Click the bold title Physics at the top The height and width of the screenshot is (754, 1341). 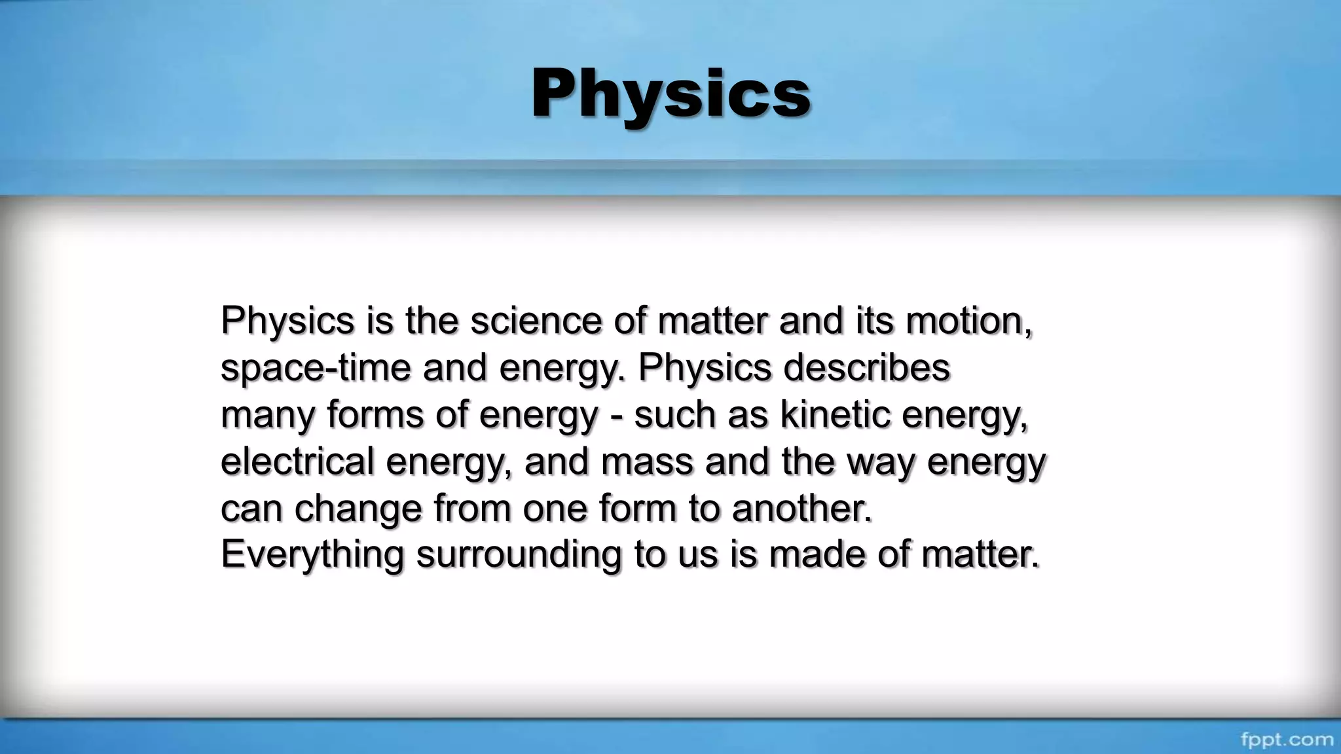pos(670,95)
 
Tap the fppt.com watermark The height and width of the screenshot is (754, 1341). pos(1287,740)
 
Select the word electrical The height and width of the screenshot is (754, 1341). pos(297,461)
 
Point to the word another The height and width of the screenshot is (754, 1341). pos(801,508)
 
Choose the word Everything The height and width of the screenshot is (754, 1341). pos(312,554)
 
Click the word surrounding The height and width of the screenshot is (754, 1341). pos(519,554)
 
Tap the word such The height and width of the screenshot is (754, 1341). pos(674,414)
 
